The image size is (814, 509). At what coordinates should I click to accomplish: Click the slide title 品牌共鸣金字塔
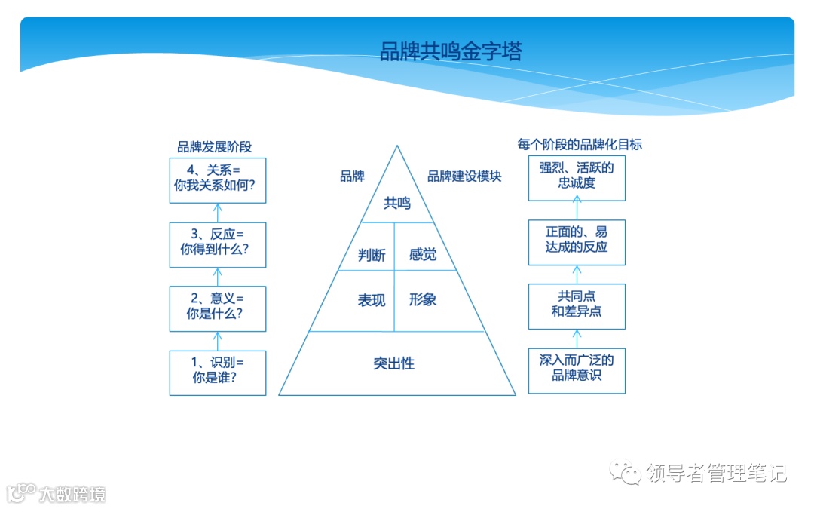coord(450,51)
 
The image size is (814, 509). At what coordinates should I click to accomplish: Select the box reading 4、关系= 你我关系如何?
coord(218,180)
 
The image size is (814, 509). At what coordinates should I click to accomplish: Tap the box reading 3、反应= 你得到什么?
coord(218,244)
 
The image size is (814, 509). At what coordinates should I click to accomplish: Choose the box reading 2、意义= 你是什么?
coord(218,308)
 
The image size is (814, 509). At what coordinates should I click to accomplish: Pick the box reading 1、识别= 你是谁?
coord(218,373)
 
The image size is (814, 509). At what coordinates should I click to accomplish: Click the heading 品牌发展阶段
coord(214,147)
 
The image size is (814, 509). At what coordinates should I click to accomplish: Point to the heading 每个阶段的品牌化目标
coord(579,144)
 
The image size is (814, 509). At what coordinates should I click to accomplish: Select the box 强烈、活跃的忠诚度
coord(577,178)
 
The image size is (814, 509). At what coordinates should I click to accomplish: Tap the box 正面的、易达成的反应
coord(577,242)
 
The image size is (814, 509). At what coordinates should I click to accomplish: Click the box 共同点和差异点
coord(577,306)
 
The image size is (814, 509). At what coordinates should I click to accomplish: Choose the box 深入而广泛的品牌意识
coord(577,370)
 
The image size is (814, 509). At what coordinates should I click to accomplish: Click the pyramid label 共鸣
coord(397,203)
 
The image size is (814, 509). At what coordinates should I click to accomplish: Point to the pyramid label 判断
coord(372,255)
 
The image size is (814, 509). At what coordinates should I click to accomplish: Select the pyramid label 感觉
coord(422,255)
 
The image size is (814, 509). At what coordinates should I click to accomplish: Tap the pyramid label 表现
coord(372,300)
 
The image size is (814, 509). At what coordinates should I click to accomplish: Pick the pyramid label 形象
coord(422,299)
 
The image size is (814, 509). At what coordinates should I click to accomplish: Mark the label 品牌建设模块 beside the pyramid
coord(464,176)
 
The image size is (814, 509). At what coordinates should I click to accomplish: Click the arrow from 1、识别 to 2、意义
coord(218,341)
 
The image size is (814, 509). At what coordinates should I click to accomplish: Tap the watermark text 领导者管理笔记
coord(716,474)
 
